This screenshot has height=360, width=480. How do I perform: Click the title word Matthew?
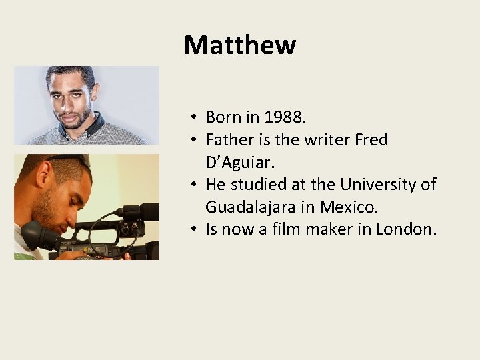(239, 45)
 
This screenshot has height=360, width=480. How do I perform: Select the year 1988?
(284, 117)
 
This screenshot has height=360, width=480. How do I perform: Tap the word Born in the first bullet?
(223, 117)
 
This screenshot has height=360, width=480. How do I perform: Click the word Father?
(228, 140)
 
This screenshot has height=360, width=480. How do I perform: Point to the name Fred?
(371, 140)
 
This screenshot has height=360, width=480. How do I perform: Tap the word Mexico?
(351, 207)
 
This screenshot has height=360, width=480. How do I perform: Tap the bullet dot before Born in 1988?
(191, 118)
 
